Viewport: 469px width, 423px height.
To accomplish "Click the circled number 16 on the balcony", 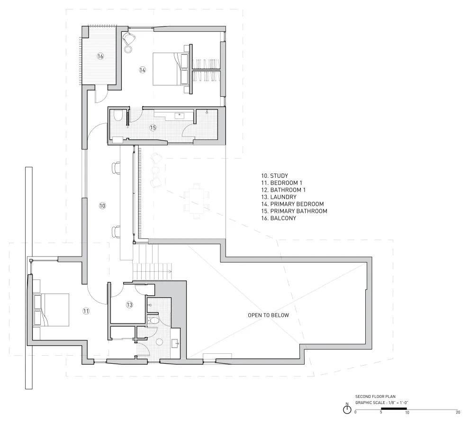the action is point(100,56).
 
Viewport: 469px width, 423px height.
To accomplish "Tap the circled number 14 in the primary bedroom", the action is point(143,70).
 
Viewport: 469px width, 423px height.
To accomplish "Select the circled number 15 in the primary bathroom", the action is point(153,128).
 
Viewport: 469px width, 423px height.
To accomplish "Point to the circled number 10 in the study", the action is point(102,206).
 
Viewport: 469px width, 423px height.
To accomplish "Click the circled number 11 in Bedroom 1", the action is point(86,311).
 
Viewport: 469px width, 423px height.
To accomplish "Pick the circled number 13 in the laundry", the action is point(129,305).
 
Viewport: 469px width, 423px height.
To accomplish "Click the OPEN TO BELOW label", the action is point(268,315).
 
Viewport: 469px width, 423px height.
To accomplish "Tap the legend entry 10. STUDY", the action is point(274,176).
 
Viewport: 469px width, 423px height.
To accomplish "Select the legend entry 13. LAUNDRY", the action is point(279,197).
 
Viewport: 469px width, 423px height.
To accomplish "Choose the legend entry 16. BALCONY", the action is point(279,218).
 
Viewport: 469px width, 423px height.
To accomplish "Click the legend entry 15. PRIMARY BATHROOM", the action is point(294,211).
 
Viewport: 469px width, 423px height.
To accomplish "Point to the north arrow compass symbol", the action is point(347,409).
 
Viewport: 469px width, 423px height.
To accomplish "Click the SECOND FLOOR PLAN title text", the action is point(375,396).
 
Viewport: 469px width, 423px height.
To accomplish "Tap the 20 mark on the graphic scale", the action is point(458,412).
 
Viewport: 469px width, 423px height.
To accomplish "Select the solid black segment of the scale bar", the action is point(394,409).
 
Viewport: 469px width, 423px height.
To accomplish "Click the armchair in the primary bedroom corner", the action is point(129,38).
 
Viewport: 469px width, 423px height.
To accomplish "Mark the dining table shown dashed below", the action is point(197,202).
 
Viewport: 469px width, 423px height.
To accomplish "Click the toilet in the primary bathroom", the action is point(117,116).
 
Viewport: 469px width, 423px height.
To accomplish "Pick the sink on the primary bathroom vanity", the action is point(180,115).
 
